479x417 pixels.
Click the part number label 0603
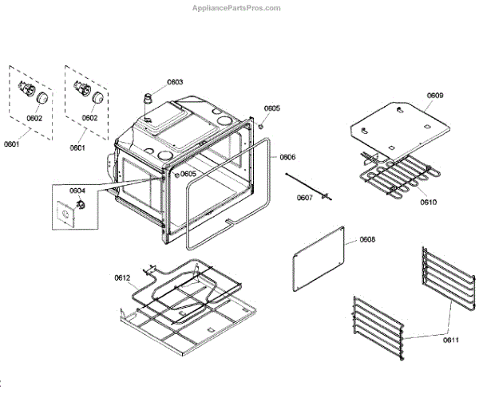[175, 82]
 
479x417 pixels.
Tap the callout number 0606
[287, 157]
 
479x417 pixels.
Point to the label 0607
[305, 197]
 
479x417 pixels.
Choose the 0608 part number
[366, 239]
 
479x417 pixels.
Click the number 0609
[434, 96]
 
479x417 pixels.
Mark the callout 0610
[429, 202]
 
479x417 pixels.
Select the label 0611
[452, 340]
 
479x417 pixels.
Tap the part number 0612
[121, 277]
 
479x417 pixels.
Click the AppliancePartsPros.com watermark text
[236, 8]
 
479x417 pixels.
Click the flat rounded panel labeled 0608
[319, 257]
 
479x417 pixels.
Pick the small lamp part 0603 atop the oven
[147, 99]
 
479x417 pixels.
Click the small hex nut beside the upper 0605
[263, 125]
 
